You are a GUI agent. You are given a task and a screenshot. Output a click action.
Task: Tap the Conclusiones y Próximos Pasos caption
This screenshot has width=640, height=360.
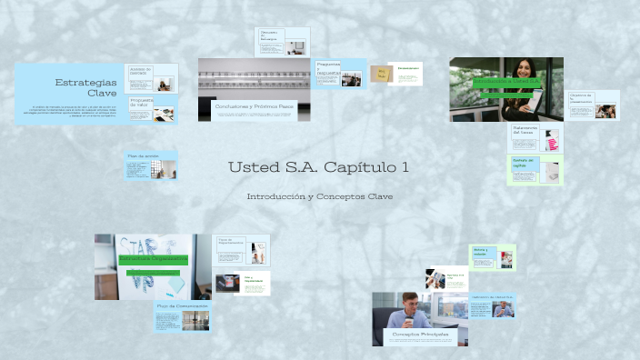tap(255, 106)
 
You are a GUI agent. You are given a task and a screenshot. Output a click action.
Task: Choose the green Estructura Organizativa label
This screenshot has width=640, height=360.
tap(153, 258)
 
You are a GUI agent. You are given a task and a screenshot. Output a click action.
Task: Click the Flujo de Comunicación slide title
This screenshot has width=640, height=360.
tap(182, 306)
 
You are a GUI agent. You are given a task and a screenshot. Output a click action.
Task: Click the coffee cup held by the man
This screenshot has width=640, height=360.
tap(409, 321)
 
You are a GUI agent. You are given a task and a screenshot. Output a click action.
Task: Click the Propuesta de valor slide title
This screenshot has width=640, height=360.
tap(139, 103)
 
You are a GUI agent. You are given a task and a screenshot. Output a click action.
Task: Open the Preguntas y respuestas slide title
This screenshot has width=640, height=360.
tap(328, 68)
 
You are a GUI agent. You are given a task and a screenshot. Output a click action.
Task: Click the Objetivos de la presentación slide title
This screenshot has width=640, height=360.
tap(581, 97)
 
